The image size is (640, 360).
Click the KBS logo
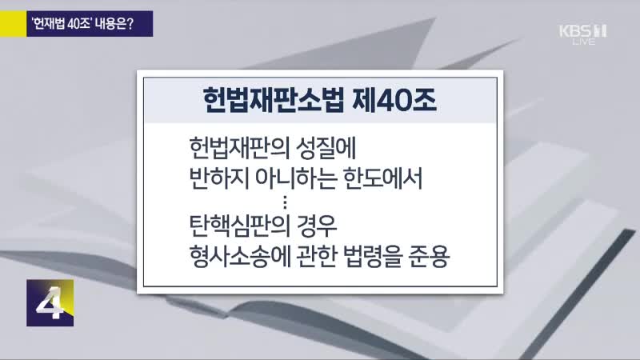coord(582,31)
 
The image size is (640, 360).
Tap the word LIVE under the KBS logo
coord(584,42)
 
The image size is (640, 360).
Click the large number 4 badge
coord(50,303)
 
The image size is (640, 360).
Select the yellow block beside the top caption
coord(13,24)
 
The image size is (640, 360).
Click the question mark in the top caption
coord(130,24)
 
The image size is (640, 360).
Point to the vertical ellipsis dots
coord(285,202)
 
